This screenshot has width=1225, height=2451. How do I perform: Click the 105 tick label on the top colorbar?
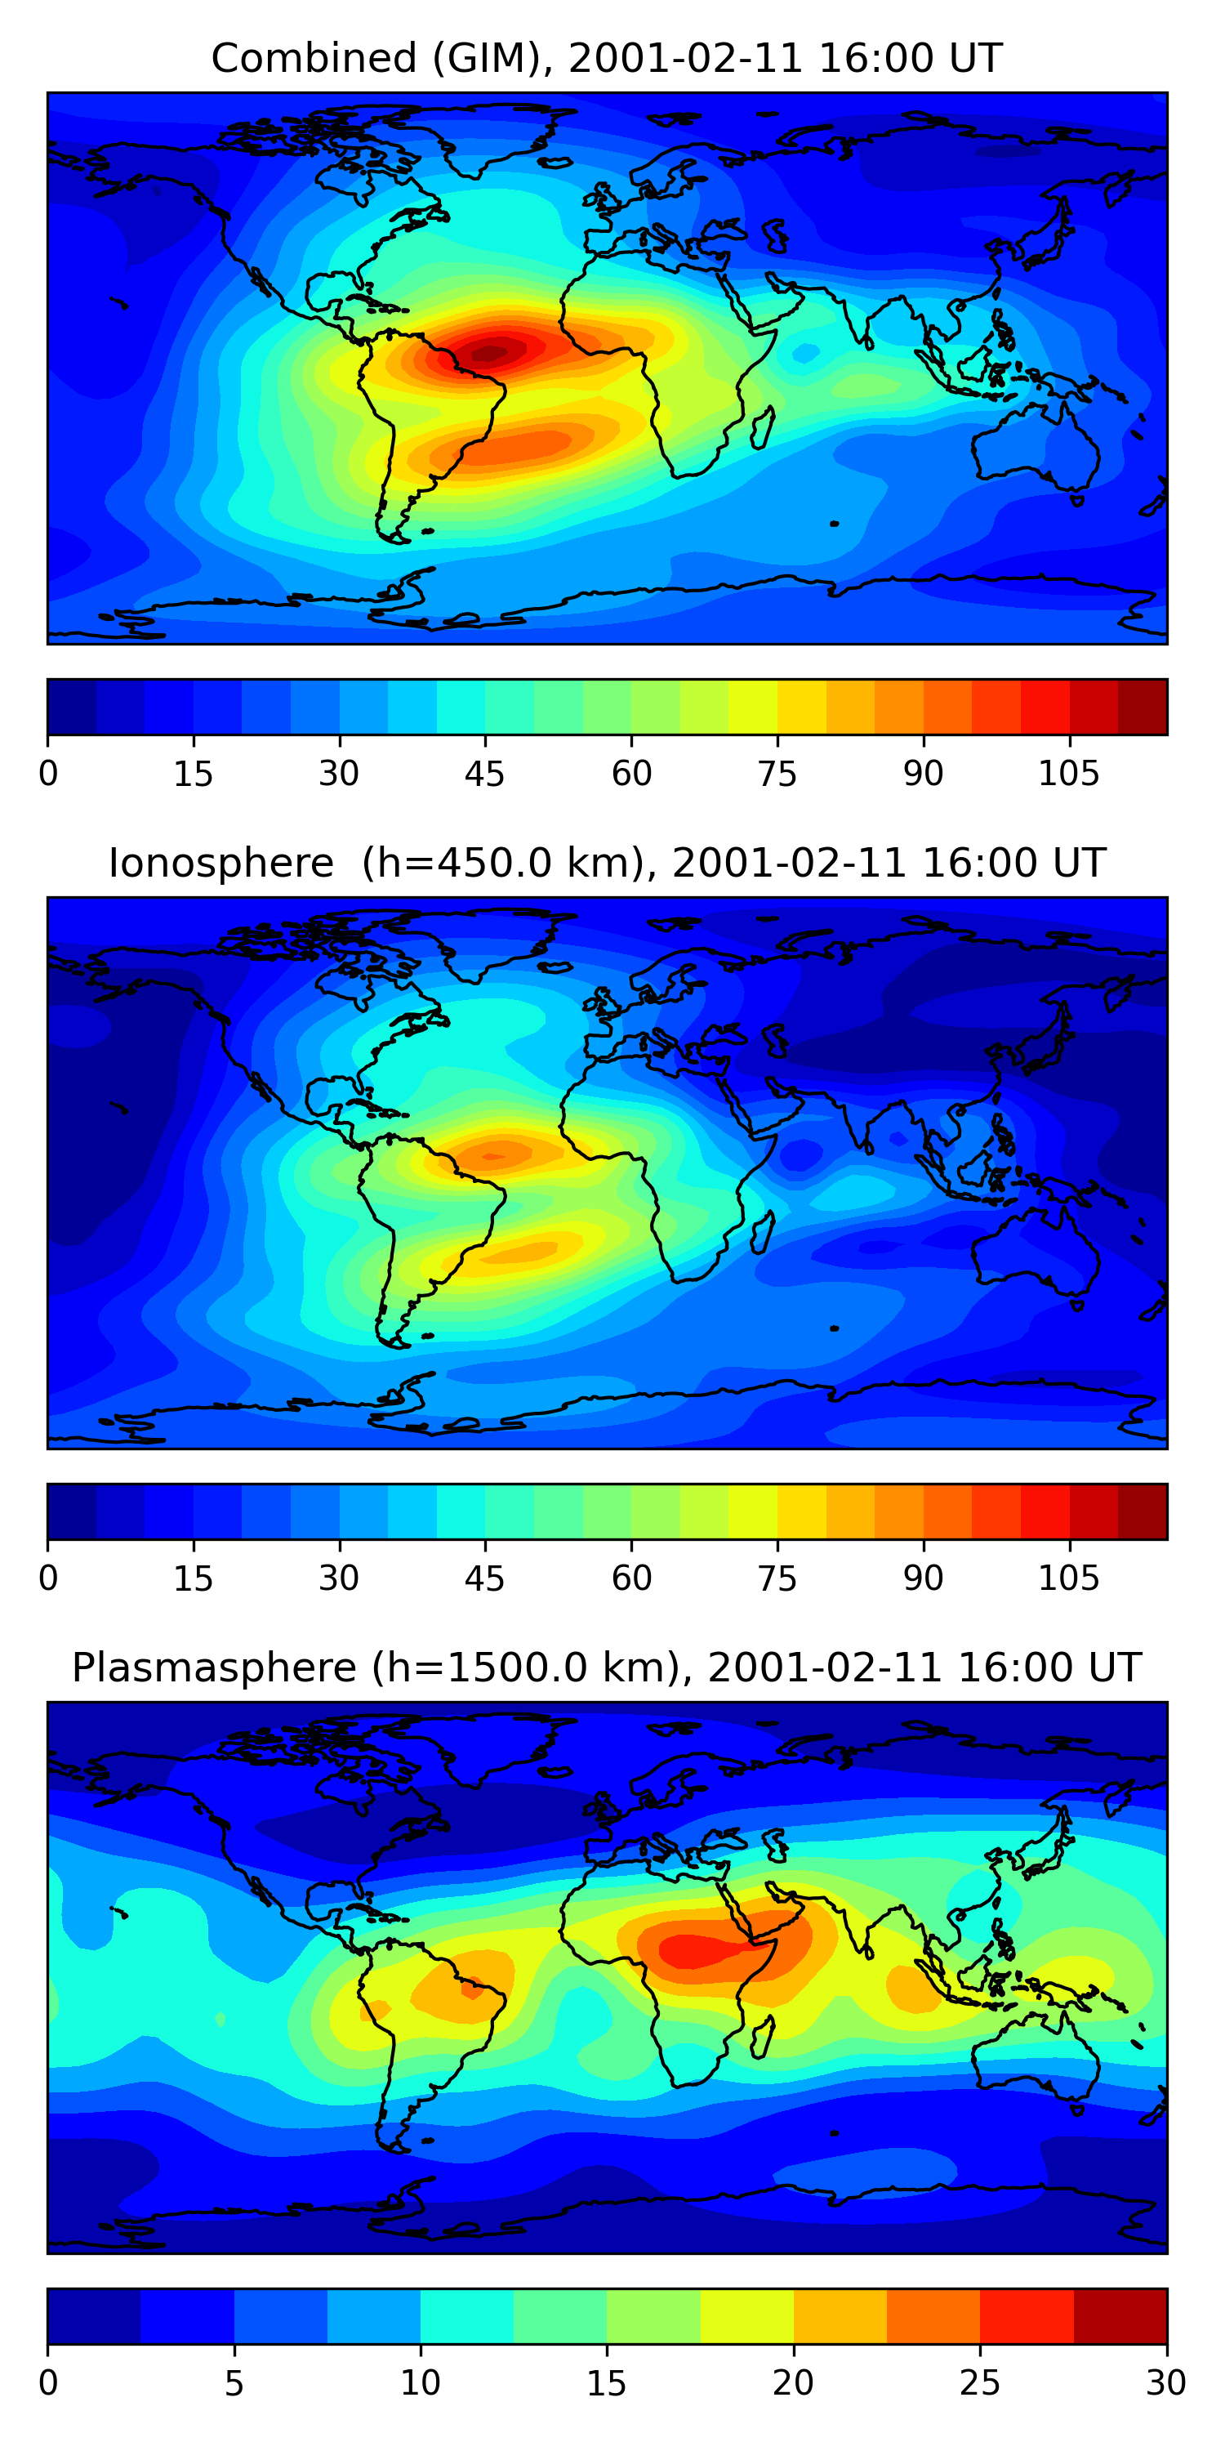click(x=1068, y=774)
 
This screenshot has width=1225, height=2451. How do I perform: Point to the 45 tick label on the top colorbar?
click(x=484, y=774)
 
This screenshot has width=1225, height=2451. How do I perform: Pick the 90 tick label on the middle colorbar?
click(x=923, y=1578)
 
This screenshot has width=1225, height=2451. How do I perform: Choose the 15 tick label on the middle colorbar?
click(x=193, y=1578)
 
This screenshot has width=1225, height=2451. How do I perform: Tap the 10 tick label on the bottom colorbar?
click(x=420, y=2382)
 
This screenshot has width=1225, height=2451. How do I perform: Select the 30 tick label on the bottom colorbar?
click(x=1165, y=2382)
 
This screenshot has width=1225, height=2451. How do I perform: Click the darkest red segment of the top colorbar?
click(x=1143, y=706)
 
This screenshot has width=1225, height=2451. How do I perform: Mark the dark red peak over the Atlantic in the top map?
click(x=491, y=353)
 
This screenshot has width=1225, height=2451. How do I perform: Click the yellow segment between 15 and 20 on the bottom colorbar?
click(x=746, y=2315)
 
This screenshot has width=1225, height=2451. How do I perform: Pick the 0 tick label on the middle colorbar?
click(x=48, y=1578)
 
